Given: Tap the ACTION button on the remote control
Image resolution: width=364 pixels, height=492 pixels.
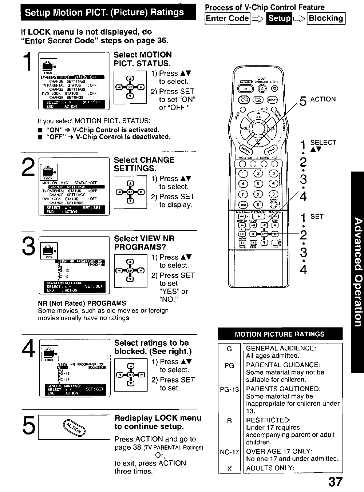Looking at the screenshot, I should [x=246, y=149].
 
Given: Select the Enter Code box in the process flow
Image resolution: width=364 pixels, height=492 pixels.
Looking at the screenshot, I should [x=227, y=18].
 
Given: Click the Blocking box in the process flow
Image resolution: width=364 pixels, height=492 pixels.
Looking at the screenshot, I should [x=326, y=18].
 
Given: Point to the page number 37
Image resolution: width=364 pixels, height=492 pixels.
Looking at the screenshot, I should [x=335, y=482].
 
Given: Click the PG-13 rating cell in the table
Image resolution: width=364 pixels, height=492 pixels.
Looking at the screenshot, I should [x=229, y=390].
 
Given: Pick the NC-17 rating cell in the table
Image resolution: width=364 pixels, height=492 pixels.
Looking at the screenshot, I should [x=229, y=452].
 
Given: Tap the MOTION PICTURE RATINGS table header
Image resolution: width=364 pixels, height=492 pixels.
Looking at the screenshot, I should [x=280, y=334].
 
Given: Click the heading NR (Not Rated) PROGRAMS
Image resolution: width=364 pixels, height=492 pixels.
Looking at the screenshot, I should [x=82, y=303].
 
